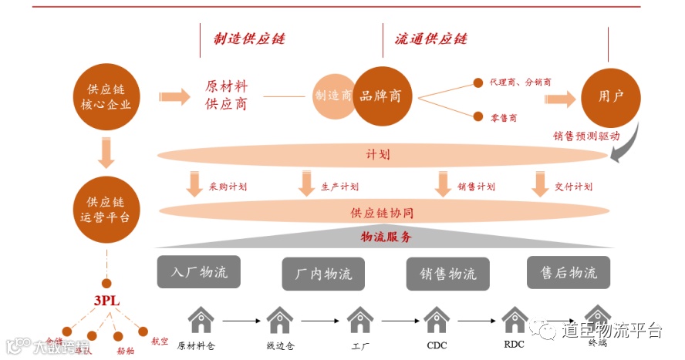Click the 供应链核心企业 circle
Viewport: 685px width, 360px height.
click(106, 96)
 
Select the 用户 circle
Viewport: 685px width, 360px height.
click(611, 97)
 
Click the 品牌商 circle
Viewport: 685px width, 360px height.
click(383, 96)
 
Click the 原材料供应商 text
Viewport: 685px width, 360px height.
click(227, 94)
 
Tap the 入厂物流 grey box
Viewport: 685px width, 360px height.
click(199, 272)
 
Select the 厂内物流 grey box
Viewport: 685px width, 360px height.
click(323, 273)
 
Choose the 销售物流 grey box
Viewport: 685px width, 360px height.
click(448, 273)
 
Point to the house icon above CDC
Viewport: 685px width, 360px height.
click(436, 319)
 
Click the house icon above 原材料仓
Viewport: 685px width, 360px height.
click(201, 319)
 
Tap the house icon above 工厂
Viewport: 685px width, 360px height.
click(359, 319)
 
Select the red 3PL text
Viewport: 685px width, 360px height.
click(106, 299)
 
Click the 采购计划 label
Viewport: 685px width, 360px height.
click(228, 187)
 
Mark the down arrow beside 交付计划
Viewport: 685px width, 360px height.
click(541, 184)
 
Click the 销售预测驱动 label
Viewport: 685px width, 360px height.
click(586, 135)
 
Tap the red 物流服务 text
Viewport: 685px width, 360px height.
click(386, 237)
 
